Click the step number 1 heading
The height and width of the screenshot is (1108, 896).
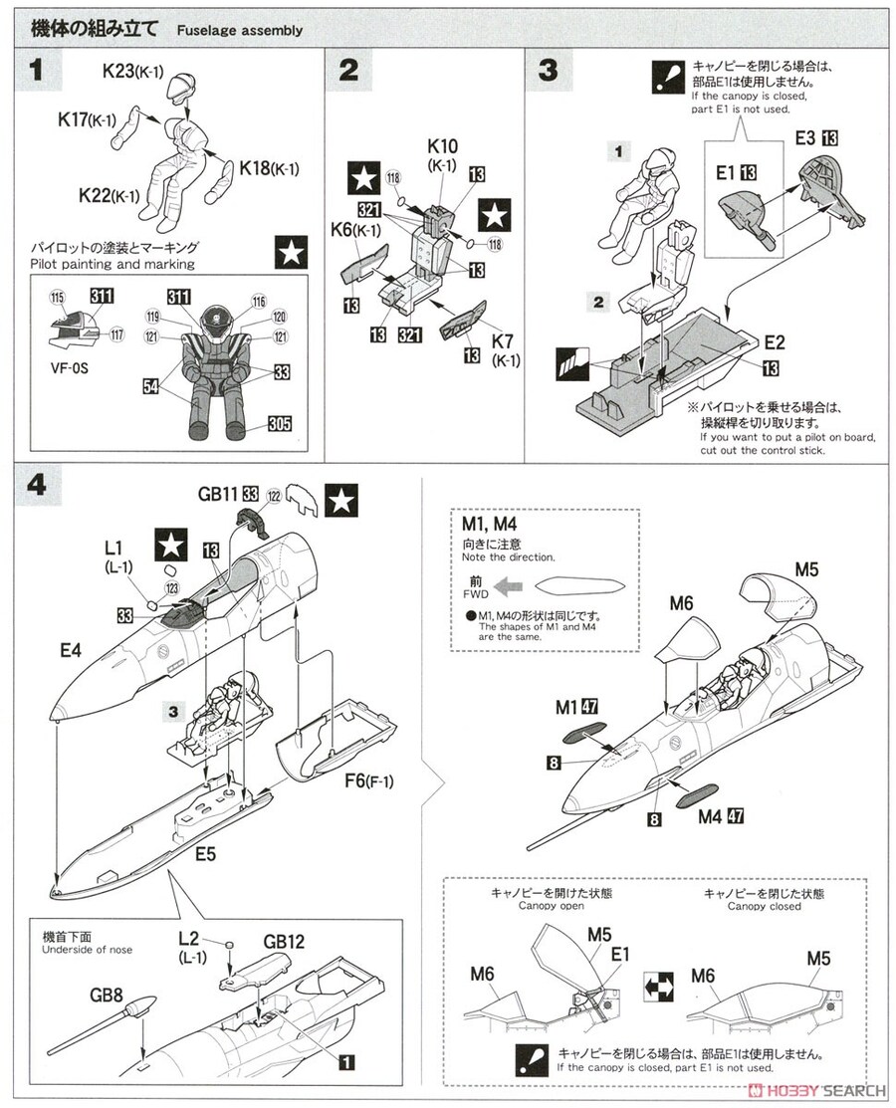point(36,71)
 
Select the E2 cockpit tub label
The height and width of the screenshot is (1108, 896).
point(775,341)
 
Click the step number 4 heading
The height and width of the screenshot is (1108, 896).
point(36,486)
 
